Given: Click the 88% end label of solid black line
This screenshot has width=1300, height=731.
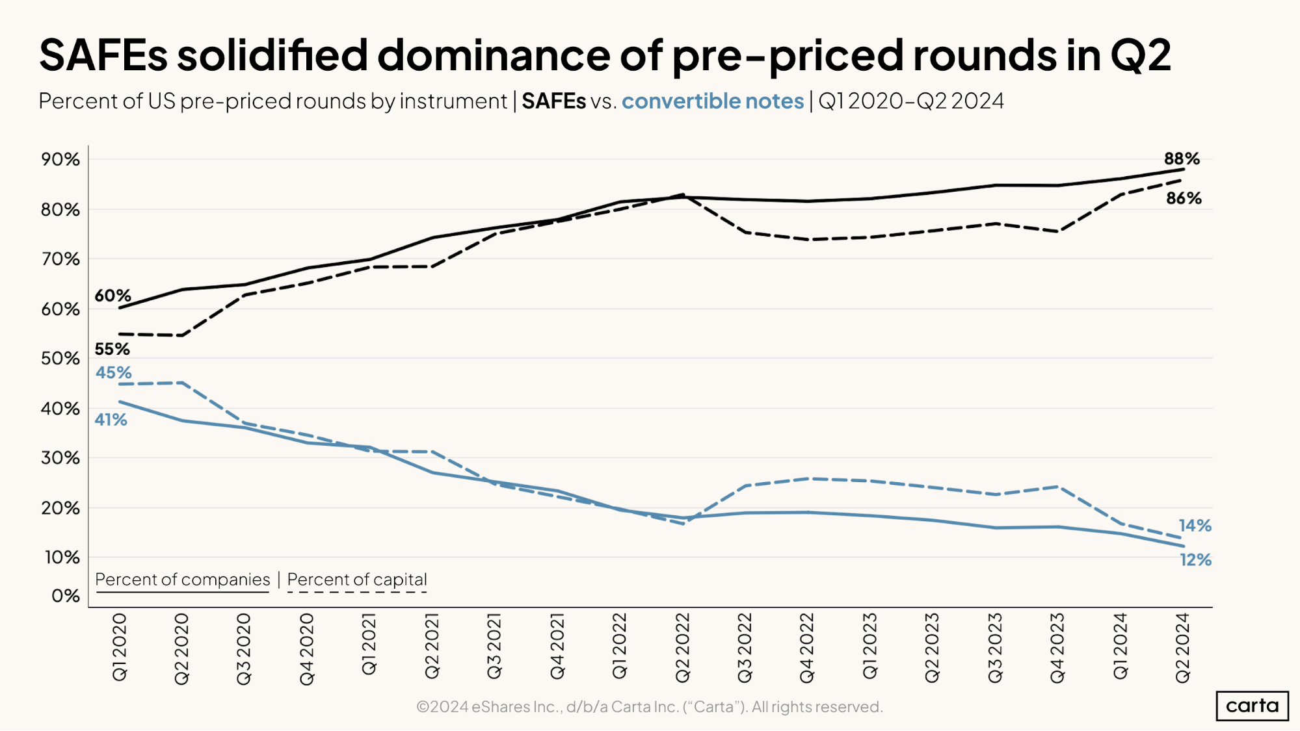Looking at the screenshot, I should pyautogui.click(x=1181, y=159).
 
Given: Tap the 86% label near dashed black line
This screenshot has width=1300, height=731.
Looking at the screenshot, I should pyautogui.click(x=1183, y=198).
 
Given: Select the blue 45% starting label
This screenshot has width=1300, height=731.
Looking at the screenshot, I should pyautogui.click(x=113, y=372).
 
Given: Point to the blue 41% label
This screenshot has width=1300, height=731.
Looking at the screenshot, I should pyautogui.click(x=111, y=420).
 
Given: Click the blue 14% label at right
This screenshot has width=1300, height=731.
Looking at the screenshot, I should pyautogui.click(x=1195, y=526).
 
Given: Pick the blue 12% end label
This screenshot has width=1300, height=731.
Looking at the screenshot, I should pyautogui.click(x=1195, y=559).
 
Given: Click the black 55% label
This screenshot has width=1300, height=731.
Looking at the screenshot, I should pyautogui.click(x=112, y=349).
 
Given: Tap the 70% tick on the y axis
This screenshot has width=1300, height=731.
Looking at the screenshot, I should pyautogui.click(x=60, y=259).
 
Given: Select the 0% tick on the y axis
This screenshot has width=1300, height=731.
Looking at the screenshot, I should pyautogui.click(x=65, y=596).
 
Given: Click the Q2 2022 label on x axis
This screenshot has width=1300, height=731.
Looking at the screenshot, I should pyautogui.click(x=682, y=647).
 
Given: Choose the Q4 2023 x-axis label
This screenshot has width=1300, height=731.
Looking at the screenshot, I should pyautogui.click(x=1057, y=647).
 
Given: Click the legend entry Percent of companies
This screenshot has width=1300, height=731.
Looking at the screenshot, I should pyautogui.click(x=182, y=580).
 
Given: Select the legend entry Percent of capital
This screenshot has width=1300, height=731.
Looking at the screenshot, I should pyautogui.click(x=357, y=580).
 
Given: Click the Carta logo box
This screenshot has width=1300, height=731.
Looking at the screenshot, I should pyautogui.click(x=1251, y=706).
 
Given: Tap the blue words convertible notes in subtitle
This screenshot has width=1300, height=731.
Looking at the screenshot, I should pyautogui.click(x=713, y=101).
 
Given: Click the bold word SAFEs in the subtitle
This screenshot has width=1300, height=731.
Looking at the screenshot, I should pyautogui.click(x=553, y=101).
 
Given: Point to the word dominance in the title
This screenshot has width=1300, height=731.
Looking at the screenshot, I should pyautogui.click(x=494, y=55).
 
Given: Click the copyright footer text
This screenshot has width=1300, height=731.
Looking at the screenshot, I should pyautogui.click(x=649, y=707).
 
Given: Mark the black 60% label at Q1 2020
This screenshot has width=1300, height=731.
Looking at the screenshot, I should pyautogui.click(x=113, y=296).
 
